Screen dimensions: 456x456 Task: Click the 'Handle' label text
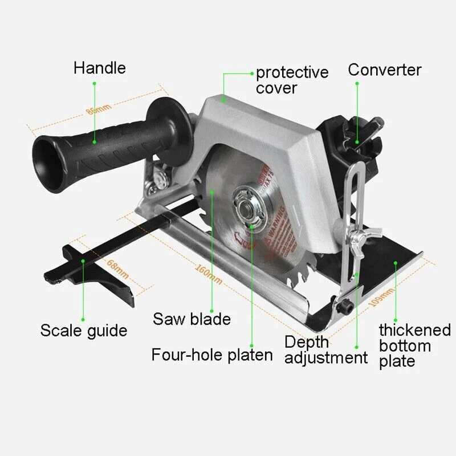click(100, 68)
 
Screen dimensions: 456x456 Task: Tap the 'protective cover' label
click(292, 80)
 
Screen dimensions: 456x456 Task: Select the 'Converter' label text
click(385, 70)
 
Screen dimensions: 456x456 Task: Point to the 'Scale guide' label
click(84, 330)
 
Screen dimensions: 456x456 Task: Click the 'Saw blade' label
click(192, 319)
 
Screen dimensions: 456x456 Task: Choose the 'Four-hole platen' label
click(212, 355)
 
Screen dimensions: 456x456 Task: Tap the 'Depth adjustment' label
click(325, 350)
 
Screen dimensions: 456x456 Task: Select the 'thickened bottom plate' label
click(414, 345)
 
